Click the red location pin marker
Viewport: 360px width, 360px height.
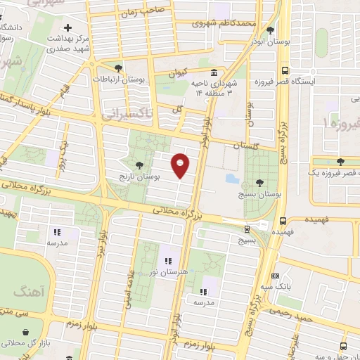point(181,165)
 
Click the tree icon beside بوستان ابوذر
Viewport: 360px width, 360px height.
point(270,30)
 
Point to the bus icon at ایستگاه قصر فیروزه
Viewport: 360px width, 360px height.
point(285,71)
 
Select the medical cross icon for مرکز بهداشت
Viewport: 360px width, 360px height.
point(67,27)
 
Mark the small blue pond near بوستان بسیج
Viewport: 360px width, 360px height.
point(233,179)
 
